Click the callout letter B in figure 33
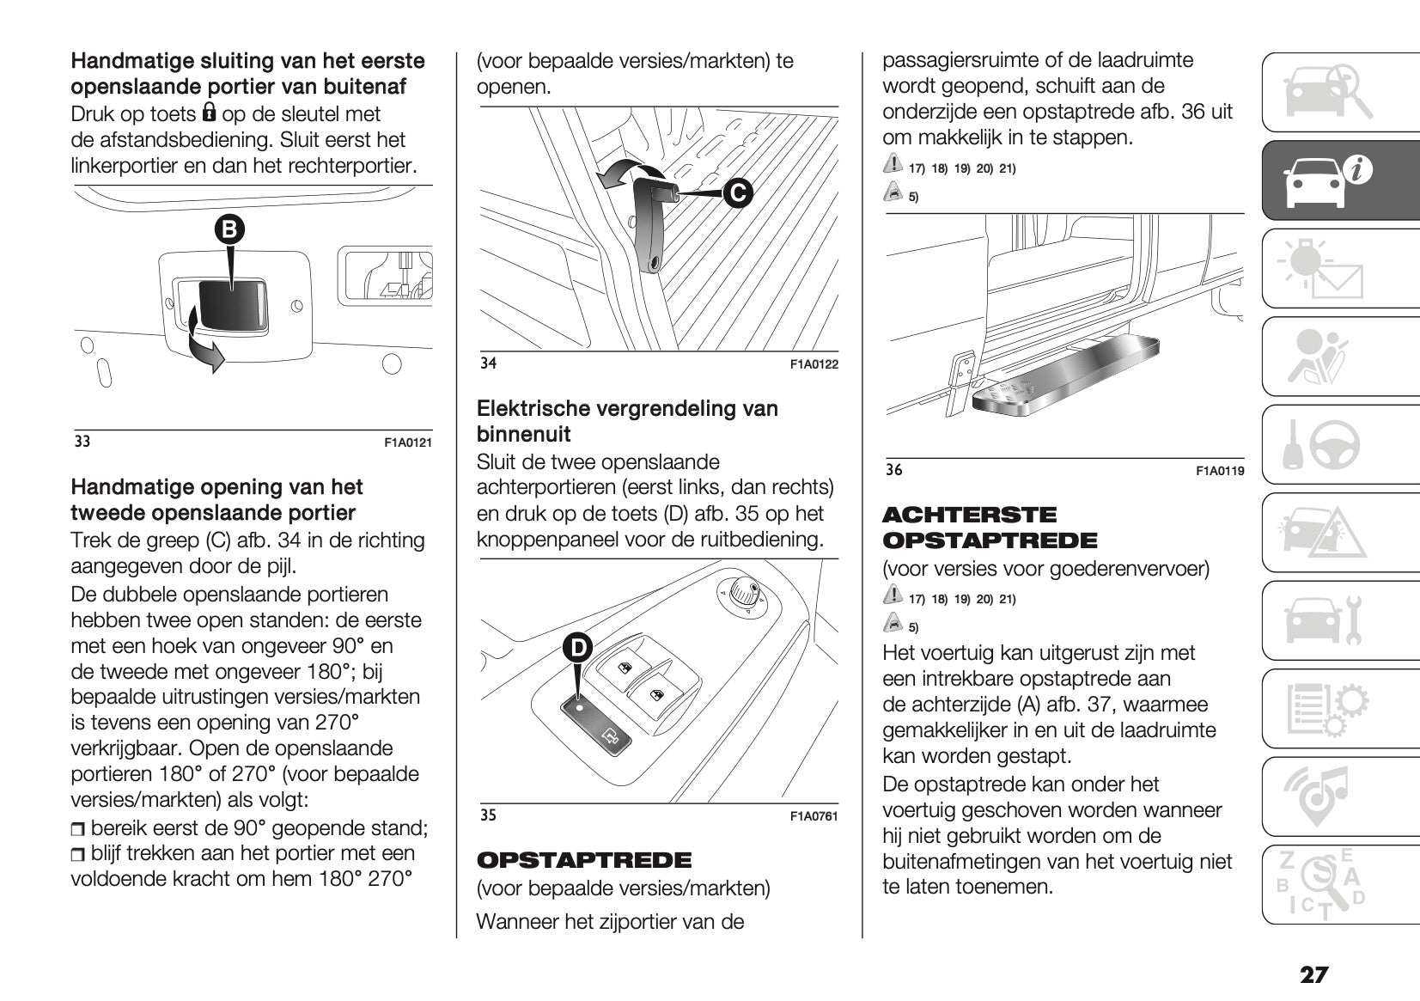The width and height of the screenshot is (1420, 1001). (x=229, y=229)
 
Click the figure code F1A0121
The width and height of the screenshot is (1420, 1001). (x=407, y=443)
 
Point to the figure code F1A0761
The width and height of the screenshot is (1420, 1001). (x=813, y=816)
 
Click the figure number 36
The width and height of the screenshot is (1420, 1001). (x=894, y=470)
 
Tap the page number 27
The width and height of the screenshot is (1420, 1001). (x=1313, y=975)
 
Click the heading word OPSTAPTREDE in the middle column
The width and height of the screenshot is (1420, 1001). (x=583, y=860)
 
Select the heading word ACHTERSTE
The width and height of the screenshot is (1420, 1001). (x=969, y=515)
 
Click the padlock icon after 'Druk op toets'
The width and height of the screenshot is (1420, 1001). (x=209, y=113)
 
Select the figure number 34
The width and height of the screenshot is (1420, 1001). (x=488, y=363)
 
